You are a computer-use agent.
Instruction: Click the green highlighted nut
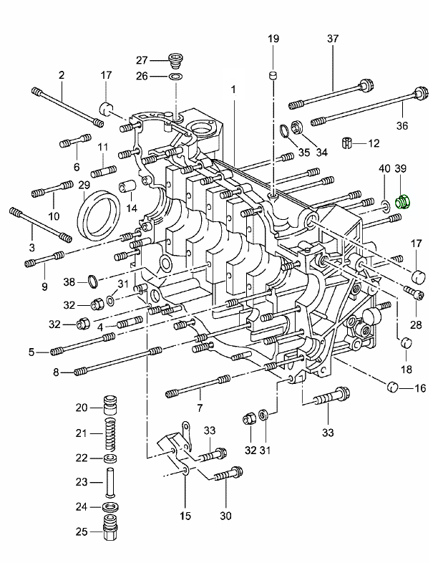[x=402, y=202]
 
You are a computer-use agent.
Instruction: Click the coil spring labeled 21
[x=111, y=433]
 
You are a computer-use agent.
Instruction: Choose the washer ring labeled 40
[x=386, y=206]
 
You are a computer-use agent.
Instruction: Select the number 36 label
[x=401, y=125]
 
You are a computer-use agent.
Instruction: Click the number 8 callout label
[x=56, y=372]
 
